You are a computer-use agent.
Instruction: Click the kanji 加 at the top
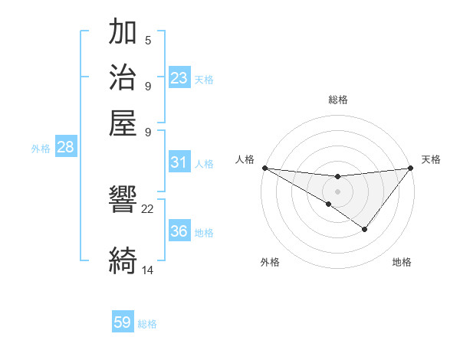[123, 34]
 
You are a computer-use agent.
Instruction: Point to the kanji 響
[123, 201]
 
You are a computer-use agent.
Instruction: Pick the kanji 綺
[123, 260]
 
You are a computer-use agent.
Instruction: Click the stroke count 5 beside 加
[148, 41]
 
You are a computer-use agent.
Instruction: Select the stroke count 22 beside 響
[148, 208]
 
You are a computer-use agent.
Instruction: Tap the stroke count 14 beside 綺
[148, 270]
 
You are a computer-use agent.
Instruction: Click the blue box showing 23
[179, 78]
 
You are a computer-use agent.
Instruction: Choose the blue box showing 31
[179, 162]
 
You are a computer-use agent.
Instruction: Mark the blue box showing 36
[179, 232]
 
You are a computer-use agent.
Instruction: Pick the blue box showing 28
[65, 148]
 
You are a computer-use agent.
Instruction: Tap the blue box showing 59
[123, 322]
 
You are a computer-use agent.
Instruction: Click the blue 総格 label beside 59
[147, 324]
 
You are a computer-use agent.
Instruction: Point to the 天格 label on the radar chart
[432, 159]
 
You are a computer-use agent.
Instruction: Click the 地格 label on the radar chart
[402, 262]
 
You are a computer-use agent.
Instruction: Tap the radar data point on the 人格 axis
[264, 167]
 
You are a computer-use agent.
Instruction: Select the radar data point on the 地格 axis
[365, 229]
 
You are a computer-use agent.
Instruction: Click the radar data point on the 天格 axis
[410, 168]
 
